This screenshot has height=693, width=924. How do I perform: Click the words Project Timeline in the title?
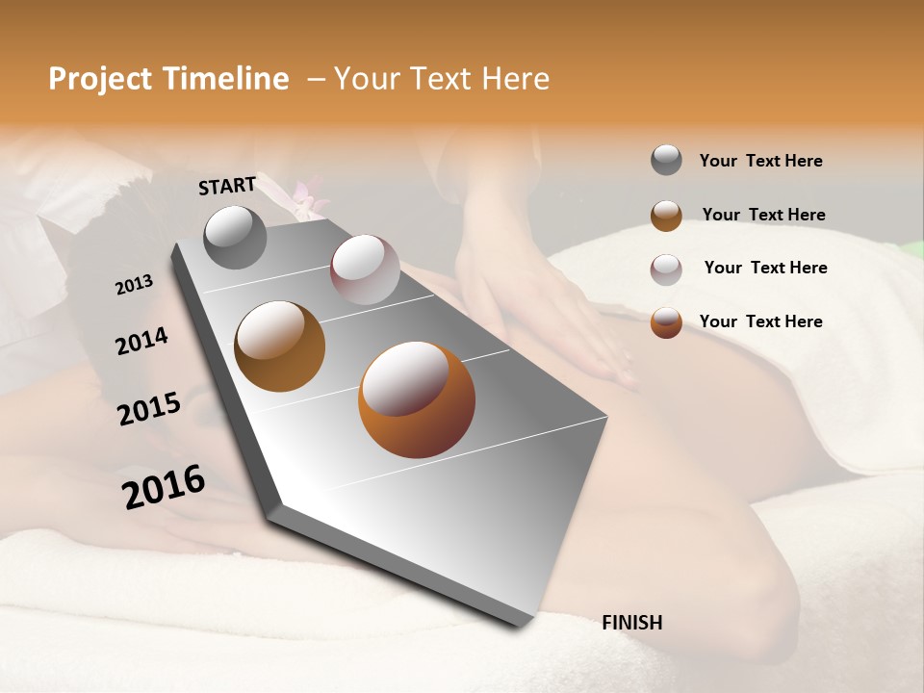point(168,79)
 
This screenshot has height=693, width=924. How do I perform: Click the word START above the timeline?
point(227,186)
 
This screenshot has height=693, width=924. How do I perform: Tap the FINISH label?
point(631,623)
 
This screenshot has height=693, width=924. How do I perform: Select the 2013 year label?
point(134,285)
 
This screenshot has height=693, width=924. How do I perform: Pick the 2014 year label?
point(141,342)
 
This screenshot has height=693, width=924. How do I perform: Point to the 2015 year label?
point(149,409)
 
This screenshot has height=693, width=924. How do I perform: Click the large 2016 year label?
point(164,487)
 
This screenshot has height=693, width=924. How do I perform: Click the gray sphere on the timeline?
point(236,238)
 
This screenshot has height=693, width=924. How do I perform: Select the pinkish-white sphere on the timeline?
point(365,269)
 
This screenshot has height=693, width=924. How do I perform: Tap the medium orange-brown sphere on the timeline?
point(280,346)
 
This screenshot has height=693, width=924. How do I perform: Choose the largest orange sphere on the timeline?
point(416,399)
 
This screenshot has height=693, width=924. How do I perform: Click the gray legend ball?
point(666,160)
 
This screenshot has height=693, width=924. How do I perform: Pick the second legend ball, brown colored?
point(666,216)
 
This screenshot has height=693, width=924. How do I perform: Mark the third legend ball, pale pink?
point(666,269)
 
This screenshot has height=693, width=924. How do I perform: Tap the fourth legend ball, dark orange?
point(666,322)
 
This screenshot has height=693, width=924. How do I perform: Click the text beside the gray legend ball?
point(760,161)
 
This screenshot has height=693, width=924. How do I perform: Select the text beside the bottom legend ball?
point(760,321)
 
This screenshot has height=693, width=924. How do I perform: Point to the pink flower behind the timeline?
point(306,196)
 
